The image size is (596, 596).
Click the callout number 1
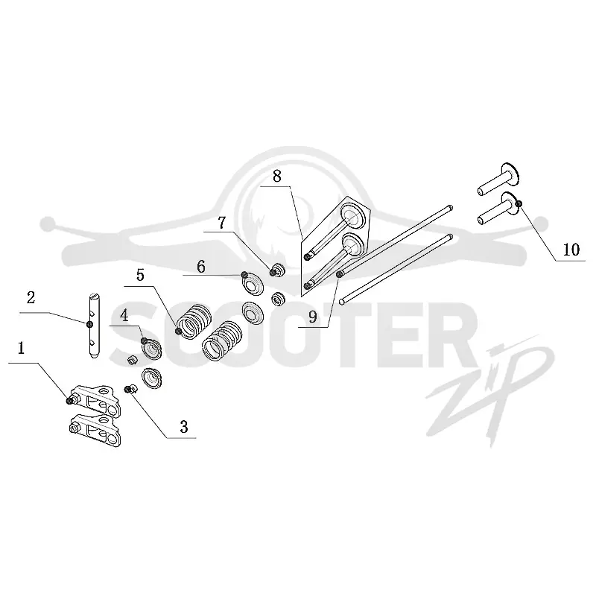click(x=22, y=348)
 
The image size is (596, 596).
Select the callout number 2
click(x=31, y=297)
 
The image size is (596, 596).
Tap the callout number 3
click(x=184, y=427)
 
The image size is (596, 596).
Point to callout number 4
click(x=124, y=316)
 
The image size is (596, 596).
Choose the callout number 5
click(x=141, y=275)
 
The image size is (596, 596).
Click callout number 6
click(x=201, y=267)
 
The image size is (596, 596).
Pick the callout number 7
click(x=222, y=223)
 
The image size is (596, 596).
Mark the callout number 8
click(x=277, y=177)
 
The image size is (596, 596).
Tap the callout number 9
click(x=313, y=316)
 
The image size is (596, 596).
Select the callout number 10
click(x=571, y=250)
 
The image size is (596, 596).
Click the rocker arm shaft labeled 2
click(x=95, y=326)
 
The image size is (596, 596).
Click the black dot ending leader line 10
click(x=519, y=204)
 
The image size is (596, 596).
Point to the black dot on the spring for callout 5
click(x=178, y=331)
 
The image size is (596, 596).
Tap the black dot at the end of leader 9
click(x=339, y=274)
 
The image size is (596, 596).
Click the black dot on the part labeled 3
click(x=127, y=389)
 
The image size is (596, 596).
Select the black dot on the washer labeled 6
click(x=245, y=274)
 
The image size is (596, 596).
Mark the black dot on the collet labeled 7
click(x=273, y=272)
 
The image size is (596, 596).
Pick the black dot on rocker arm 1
click(x=69, y=401)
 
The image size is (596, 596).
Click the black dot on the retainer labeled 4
click(x=144, y=340)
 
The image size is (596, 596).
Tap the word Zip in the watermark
click(x=490, y=392)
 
